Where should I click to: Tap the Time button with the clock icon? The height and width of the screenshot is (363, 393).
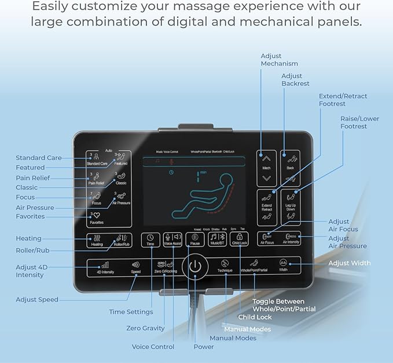tap(150, 239)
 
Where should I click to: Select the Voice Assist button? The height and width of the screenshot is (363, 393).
tap(172, 239)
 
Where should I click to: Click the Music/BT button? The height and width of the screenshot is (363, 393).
tap(218, 239)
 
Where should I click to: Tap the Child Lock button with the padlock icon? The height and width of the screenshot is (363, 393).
tap(240, 239)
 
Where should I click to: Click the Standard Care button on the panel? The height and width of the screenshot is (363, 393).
tap(97, 159)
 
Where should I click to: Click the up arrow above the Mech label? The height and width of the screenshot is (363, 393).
tap(266, 158)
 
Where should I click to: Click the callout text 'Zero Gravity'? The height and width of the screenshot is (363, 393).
tap(146, 328)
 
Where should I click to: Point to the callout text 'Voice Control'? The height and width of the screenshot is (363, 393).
tap(153, 347)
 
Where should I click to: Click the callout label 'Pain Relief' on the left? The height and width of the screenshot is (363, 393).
tap(32, 178)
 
